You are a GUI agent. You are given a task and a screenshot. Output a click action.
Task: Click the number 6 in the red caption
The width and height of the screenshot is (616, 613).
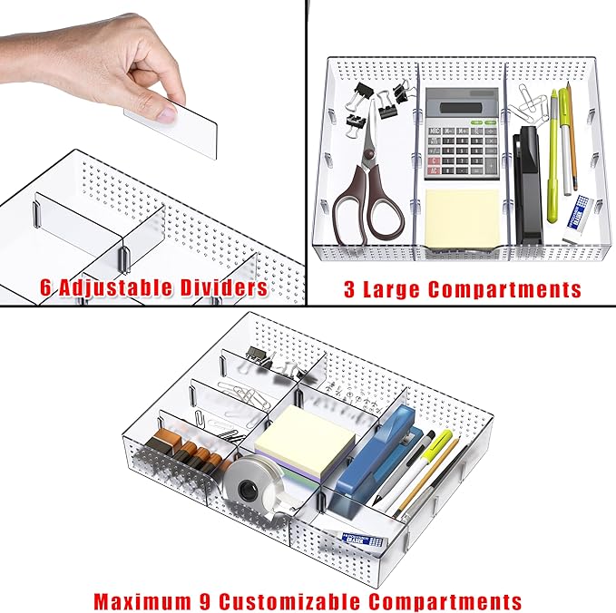click(x=45, y=288)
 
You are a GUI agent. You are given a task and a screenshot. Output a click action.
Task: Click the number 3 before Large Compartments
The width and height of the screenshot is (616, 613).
click(x=349, y=289)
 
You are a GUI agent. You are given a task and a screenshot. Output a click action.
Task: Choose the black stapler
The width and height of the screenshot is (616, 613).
click(x=528, y=186)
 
